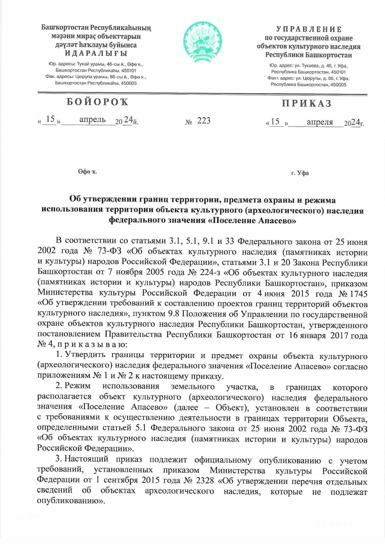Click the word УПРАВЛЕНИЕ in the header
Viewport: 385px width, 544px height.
(x=309, y=30)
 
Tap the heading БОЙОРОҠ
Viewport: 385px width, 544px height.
(x=98, y=102)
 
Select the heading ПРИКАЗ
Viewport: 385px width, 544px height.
(x=307, y=104)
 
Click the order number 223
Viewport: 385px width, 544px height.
(x=204, y=121)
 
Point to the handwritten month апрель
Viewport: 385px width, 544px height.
(x=92, y=120)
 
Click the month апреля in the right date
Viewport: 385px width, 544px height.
(x=320, y=122)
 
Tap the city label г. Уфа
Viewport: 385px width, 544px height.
(x=300, y=173)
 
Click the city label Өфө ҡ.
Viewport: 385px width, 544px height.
(x=87, y=172)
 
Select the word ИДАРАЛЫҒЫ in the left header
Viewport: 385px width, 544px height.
(x=96, y=53)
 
